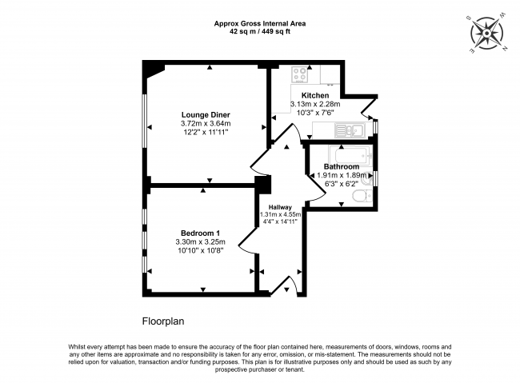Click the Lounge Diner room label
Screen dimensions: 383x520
coord(206,114)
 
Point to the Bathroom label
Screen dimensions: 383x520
coord(342,166)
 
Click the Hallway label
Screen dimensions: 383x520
coord(279,207)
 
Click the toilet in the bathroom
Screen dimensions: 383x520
coord(367,194)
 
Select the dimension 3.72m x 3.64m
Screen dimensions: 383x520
coord(206,124)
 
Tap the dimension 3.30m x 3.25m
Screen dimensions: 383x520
coord(201,241)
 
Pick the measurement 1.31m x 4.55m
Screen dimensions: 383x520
coord(279,214)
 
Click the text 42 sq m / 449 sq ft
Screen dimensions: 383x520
coord(259,33)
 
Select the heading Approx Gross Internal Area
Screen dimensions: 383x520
coord(259,24)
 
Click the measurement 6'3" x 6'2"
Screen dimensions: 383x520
coord(342,184)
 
